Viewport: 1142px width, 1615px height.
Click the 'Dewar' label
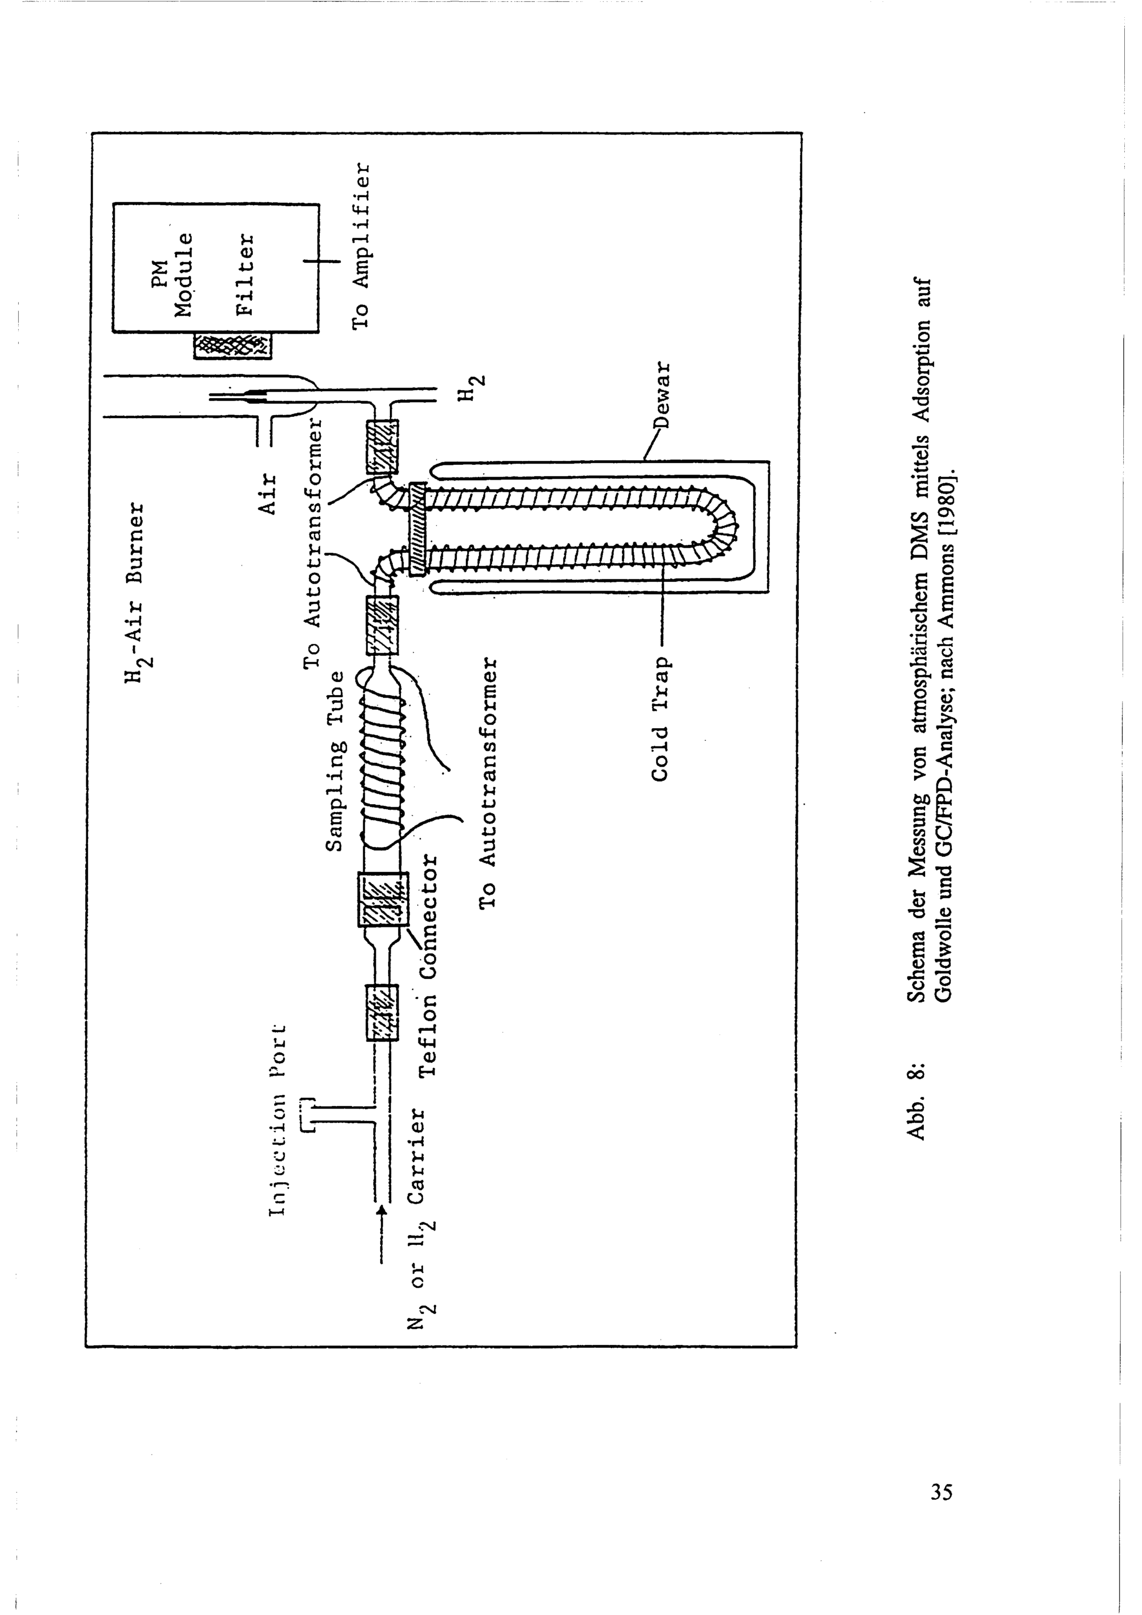[662, 396]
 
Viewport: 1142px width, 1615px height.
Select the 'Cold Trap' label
[660, 719]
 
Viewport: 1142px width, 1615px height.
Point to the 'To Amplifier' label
[361, 246]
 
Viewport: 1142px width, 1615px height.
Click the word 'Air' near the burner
[267, 494]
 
